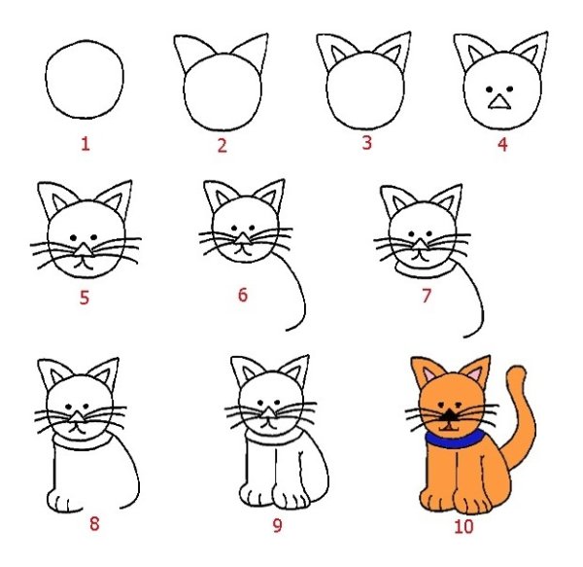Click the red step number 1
click(x=86, y=145)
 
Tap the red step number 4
click(x=501, y=145)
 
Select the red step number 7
click(x=426, y=296)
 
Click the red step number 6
click(x=243, y=294)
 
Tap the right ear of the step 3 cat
click(x=394, y=53)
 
